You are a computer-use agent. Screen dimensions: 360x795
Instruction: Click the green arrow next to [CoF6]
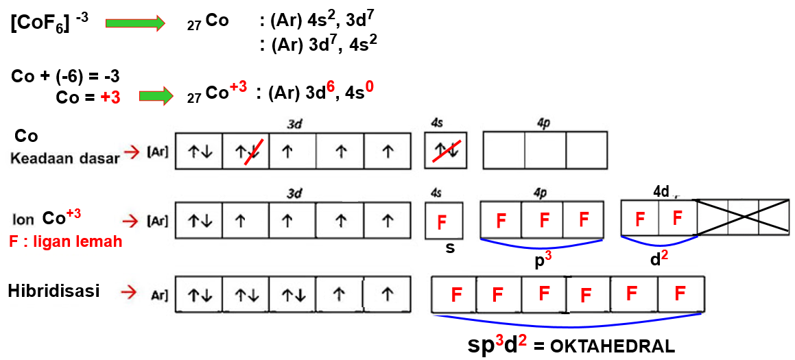[135, 23]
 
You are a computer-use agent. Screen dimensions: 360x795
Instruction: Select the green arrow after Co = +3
[156, 95]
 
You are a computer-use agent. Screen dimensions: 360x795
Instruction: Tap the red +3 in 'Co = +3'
[110, 97]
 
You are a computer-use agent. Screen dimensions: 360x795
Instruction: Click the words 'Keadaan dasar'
[64, 157]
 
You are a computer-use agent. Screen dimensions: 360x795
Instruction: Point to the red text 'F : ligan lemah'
[65, 241]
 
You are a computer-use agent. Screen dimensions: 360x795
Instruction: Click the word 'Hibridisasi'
[54, 291]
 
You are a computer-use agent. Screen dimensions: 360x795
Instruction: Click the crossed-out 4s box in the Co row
[446, 151]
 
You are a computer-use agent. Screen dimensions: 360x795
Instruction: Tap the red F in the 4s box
[442, 221]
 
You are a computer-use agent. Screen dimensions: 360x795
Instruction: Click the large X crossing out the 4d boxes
[743, 218]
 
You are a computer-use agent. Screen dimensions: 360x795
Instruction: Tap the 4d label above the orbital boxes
[661, 191]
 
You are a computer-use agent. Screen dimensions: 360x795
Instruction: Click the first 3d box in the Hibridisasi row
[199, 295]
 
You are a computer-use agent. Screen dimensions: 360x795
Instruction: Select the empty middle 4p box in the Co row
[545, 150]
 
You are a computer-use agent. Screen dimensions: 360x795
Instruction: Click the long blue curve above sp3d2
[569, 324]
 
